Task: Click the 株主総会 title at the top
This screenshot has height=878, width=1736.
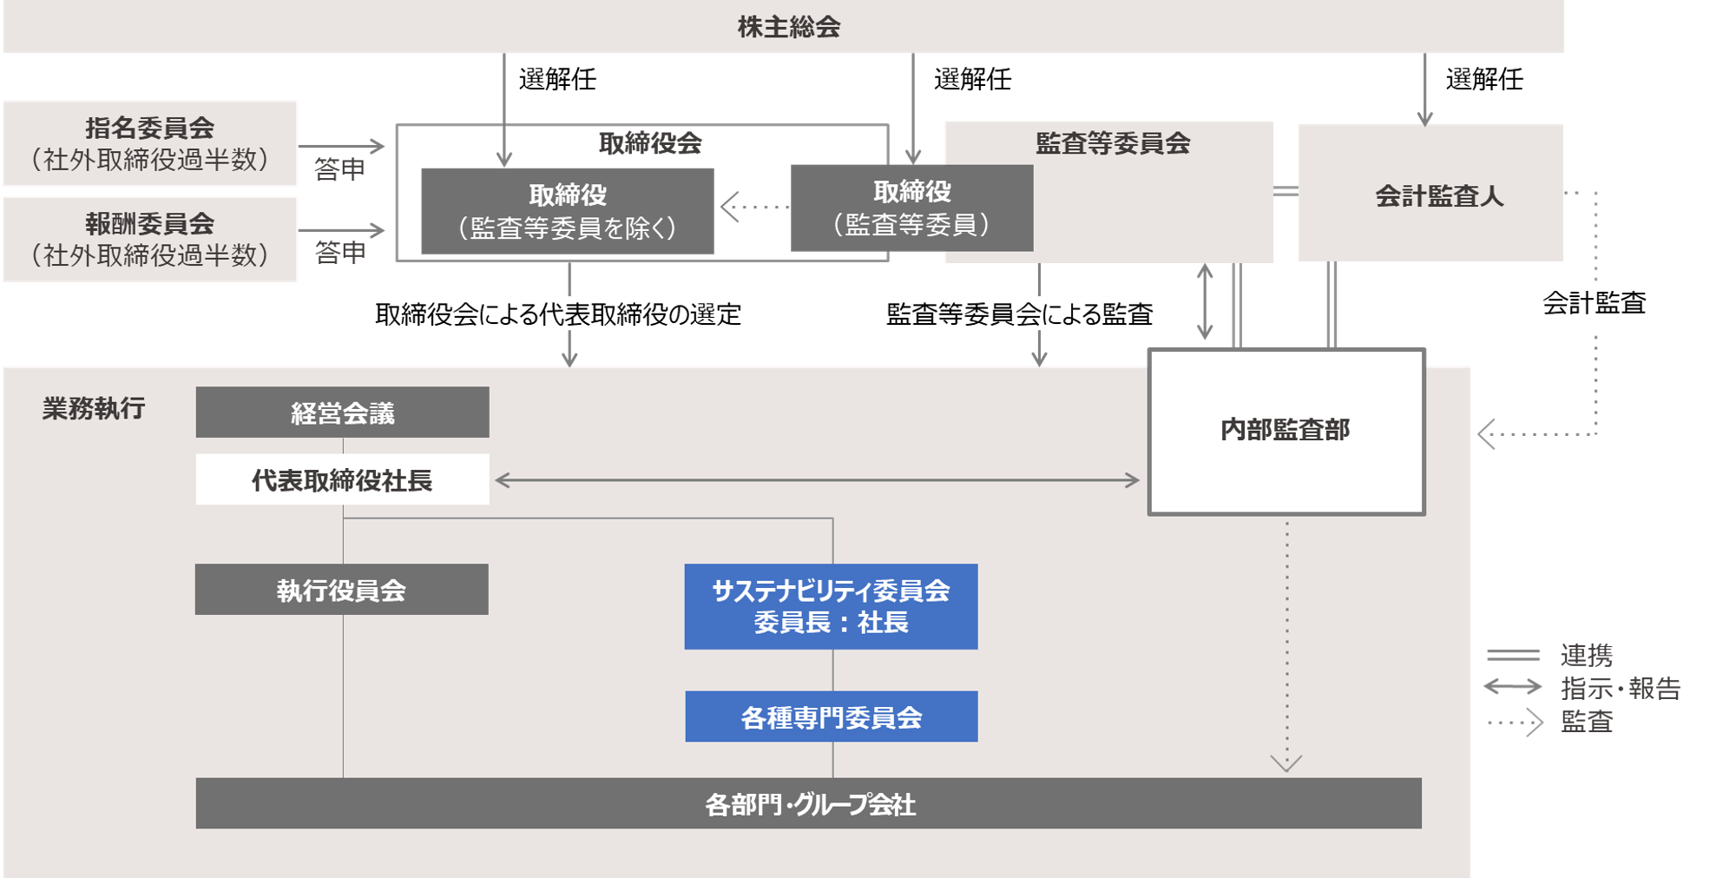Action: point(788,27)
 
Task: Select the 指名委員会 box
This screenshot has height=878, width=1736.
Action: point(150,143)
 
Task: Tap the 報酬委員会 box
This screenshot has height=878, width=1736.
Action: point(150,239)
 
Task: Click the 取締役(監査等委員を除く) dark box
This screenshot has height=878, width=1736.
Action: point(568,211)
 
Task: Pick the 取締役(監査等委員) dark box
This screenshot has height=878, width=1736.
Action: point(911,208)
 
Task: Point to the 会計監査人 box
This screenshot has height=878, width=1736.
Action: point(1438,195)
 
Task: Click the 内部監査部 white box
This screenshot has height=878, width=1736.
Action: point(1286,431)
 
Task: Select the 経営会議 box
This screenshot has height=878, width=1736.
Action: point(342,413)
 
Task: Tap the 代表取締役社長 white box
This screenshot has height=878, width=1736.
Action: point(342,479)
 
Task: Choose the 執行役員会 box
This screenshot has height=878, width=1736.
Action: point(341,590)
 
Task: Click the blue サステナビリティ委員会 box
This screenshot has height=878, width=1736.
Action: point(831,606)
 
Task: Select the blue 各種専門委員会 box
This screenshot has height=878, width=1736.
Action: point(831,716)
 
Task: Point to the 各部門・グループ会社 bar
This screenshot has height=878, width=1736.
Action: point(808,803)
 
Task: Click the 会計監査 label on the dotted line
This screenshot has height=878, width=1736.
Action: point(1595,302)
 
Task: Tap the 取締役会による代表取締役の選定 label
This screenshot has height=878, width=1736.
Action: point(559,314)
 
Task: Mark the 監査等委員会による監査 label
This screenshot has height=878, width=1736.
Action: point(1020,314)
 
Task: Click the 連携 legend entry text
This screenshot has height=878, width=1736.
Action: point(1587,654)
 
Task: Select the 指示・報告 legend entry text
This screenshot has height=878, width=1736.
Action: point(1621,688)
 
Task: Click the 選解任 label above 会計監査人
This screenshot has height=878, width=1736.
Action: point(1485,79)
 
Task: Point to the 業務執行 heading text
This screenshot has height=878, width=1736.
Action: point(94,408)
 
